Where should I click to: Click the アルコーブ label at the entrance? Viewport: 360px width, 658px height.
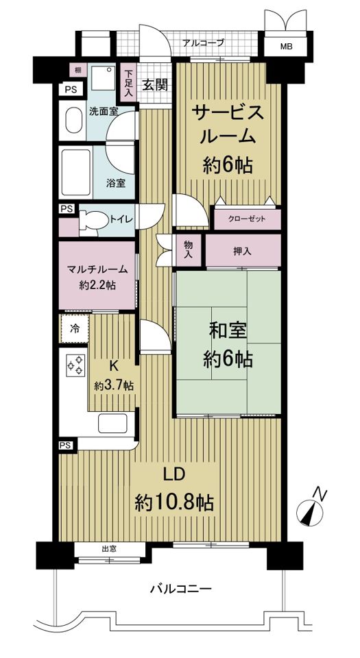point(203,42)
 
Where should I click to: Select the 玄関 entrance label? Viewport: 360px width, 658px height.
point(155,85)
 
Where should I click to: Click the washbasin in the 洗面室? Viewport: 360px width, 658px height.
point(72,122)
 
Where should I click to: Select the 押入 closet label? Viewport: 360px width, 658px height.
point(243,252)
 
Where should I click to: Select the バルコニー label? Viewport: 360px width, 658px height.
point(180,588)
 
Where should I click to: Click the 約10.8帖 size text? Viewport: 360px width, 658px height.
point(174,502)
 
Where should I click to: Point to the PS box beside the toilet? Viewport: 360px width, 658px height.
point(66,209)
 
